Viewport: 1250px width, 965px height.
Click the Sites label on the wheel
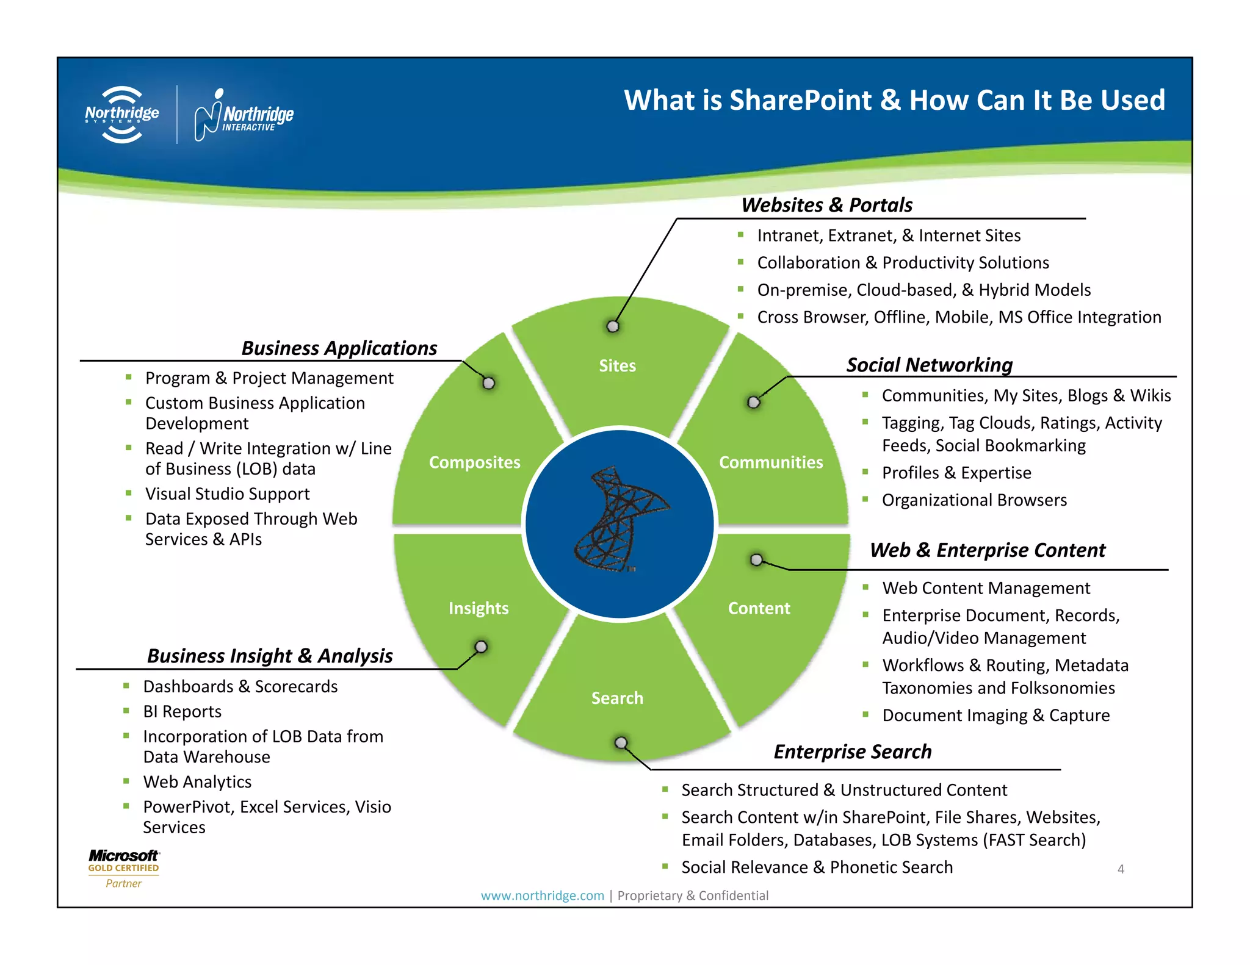617,365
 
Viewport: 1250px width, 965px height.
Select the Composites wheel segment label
474,462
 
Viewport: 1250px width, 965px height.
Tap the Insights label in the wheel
478,608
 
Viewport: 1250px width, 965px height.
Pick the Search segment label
617,698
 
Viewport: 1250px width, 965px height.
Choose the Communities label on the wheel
770,462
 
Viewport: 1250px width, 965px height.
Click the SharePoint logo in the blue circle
620,520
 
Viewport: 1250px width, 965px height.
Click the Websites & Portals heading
826,205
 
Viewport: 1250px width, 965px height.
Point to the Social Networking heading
929,365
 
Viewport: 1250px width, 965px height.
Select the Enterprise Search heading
852,752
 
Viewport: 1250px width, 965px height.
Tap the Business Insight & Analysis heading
270,656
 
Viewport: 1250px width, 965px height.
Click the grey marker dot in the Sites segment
613,326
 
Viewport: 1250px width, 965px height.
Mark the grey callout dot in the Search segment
621,743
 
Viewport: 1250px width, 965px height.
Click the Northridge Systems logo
122,115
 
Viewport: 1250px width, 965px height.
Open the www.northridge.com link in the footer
542,895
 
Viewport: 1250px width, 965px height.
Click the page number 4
1121,869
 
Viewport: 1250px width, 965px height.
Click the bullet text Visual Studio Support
227,494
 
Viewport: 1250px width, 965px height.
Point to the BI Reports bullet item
182,712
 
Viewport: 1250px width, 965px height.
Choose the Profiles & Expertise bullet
956,473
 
